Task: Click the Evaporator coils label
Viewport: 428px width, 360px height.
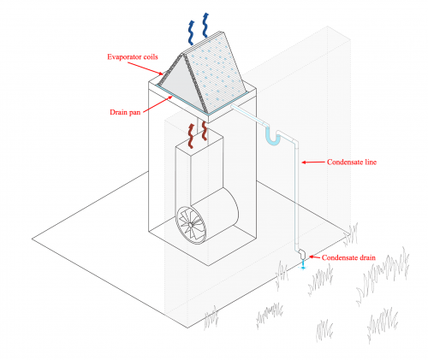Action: (133, 56)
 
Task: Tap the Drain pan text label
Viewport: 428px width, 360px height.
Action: (125, 112)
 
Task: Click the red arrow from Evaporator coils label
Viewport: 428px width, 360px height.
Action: (146, 68)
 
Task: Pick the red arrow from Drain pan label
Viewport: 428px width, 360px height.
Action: (158, 104)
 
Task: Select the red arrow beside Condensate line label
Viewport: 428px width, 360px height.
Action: (313, 162)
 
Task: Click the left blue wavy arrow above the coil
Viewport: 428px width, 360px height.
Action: (191, 32)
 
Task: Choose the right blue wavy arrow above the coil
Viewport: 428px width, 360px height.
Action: (205, 25)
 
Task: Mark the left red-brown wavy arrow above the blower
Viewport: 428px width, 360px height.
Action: (191, 136)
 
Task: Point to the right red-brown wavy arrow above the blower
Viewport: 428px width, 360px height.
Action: (205, 131)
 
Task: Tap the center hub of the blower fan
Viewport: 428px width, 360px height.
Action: (190, 225)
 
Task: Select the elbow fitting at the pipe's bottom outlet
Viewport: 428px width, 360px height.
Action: (301, 254)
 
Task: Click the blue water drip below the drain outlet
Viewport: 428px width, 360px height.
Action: (303, 264)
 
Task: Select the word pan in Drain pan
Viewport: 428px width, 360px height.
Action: (134, 113)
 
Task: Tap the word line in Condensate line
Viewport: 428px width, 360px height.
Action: (370, 162)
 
